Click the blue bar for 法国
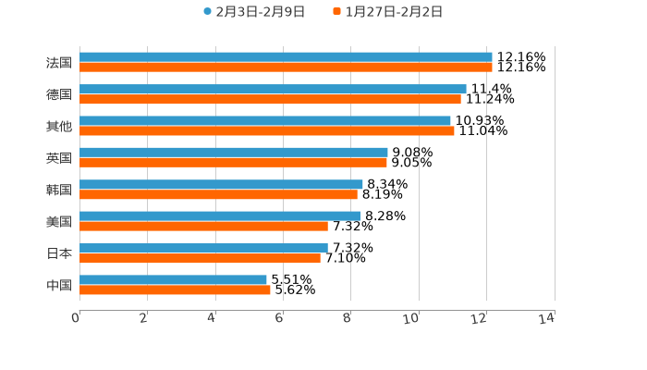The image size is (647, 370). click(286, 57)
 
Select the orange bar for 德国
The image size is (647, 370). click(270, 99)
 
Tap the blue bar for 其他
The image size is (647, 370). click(265, 120)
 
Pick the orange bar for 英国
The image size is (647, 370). click(233, 162)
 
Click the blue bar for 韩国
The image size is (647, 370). click(221, 184)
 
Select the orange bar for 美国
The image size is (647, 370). click(203, 226)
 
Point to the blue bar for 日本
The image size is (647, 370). click(203, 248)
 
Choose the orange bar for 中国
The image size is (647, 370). click(175, 290)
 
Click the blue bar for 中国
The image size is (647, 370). click(173, 279)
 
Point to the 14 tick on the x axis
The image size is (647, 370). click(546, 318)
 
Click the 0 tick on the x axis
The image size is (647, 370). click(76, 318)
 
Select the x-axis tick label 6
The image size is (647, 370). click(279, 318)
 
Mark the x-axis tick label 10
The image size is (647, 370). click(411, 318)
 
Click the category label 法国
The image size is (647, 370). click(59, 63)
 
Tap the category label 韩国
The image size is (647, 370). click(59, 190)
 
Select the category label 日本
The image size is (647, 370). click(59, 253)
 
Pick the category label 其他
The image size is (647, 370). click(59, 126)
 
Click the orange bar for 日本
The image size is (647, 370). click(200, 258)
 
